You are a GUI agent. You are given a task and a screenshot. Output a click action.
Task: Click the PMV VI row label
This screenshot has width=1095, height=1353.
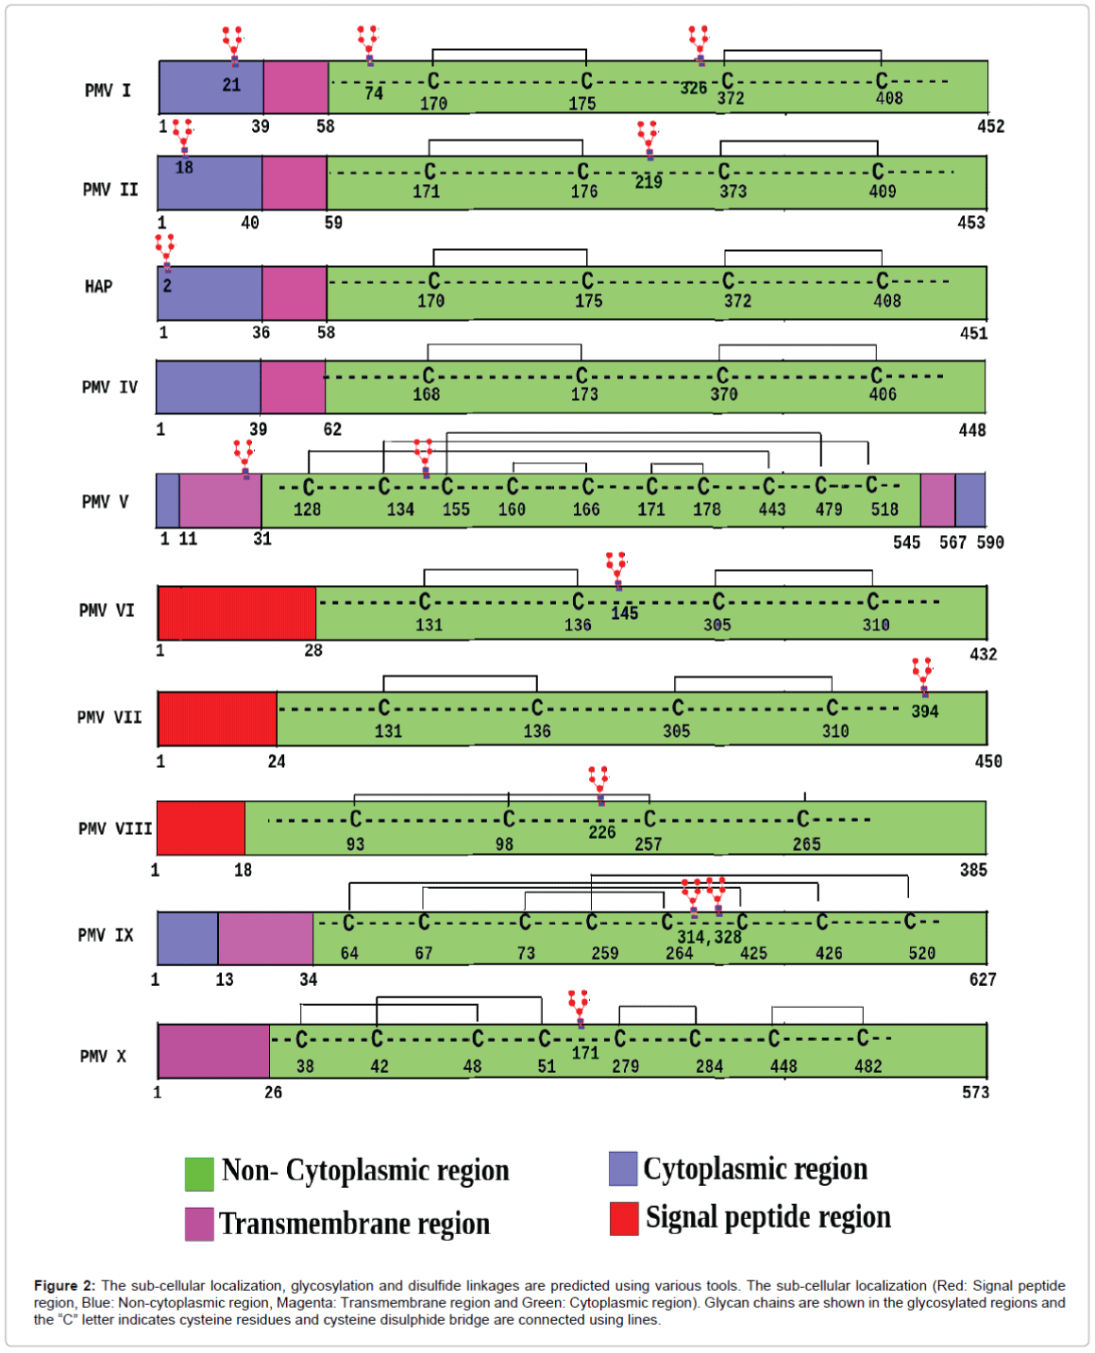(x=107, y=610)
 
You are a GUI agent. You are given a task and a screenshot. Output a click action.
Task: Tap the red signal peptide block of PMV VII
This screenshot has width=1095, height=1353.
(x=217, y=718)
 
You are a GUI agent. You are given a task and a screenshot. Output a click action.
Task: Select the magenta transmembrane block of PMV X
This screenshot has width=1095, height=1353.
(x=213, y=1051)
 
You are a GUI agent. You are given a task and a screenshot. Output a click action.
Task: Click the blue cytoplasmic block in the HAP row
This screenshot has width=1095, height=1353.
(x=210, y=292)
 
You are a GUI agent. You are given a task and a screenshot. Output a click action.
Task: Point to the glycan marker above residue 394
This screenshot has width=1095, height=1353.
(x=922, y=676)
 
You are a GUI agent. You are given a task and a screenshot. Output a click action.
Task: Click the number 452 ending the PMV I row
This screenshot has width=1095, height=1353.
(x=990, y=126)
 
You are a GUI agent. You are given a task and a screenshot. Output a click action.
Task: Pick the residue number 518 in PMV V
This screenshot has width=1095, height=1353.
(x=884, y=509)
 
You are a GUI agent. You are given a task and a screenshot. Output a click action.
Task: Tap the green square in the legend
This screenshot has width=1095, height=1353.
(x=199, y=1174)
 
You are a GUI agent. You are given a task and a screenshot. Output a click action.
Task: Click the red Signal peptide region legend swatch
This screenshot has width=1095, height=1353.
(x=624, y=1218)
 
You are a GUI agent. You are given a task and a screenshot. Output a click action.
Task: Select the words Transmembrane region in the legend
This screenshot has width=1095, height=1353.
(x=355, y=1224)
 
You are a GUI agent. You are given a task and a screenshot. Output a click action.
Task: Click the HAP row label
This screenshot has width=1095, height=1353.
(x=98, y=286)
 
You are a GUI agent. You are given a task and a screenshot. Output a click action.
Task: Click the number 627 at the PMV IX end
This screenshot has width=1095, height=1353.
(x=983, y=979)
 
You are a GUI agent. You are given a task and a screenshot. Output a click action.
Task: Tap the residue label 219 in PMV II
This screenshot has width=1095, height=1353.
(x=649, y=182)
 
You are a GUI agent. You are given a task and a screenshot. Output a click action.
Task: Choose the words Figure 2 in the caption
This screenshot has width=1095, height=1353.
(x=64, y=1285)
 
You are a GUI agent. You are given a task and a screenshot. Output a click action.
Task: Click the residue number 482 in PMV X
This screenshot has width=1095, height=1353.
(x=868, y=1066)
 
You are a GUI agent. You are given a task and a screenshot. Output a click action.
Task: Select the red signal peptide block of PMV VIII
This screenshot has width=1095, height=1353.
(x=201, y=827)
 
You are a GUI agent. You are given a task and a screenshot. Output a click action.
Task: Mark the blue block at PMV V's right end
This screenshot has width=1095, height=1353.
(x=970, y=500)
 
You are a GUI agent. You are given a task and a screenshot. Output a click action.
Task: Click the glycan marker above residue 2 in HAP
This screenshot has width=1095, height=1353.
(x=165, y=252)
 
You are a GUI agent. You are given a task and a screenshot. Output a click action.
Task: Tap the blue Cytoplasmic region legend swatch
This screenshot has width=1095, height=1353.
(x=623, y=1168)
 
